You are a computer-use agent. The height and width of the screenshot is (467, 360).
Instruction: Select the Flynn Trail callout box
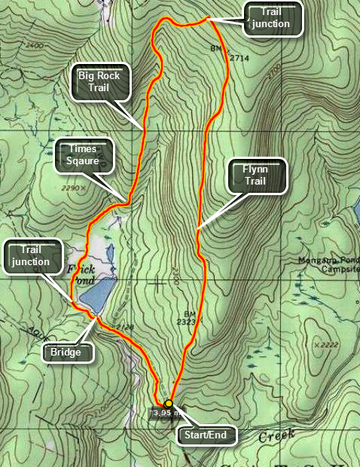pyautogui.click(x=258, y=175)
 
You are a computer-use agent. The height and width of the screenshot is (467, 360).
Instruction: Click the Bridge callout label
pyautogui.click(x=66, y=352)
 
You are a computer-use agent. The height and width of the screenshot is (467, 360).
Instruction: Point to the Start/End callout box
pyautogui.click(x=206, y=435)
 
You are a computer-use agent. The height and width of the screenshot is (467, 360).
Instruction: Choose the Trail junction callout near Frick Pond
pyautogui.click(x=30, y=255)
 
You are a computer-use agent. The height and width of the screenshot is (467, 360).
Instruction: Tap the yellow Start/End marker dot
pyautogui.click(x=169, y=403)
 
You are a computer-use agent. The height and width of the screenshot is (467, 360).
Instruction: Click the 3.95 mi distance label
pyautogui.click(x=166, y=413)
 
